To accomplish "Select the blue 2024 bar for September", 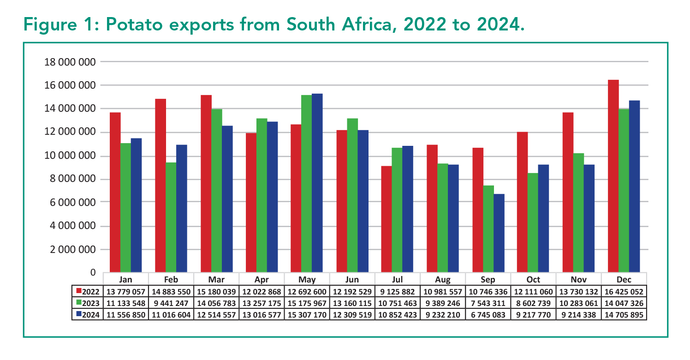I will pyautogui.click(x=498, y=233).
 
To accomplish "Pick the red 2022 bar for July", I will pyautogui.click(x=386, y=219).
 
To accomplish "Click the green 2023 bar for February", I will pyautogui.click(x=171, y=217).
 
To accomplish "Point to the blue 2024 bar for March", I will pyautogui.click(x=227, y=199).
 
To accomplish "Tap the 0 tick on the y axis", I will pyautogui.click(x=92, y=273).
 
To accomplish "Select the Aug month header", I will pyautogui.click(x=443, y=279).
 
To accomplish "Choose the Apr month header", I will pyautogui.click(x=262, y=279).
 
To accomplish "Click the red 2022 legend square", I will pyautogui.click(x=78, y=291).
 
